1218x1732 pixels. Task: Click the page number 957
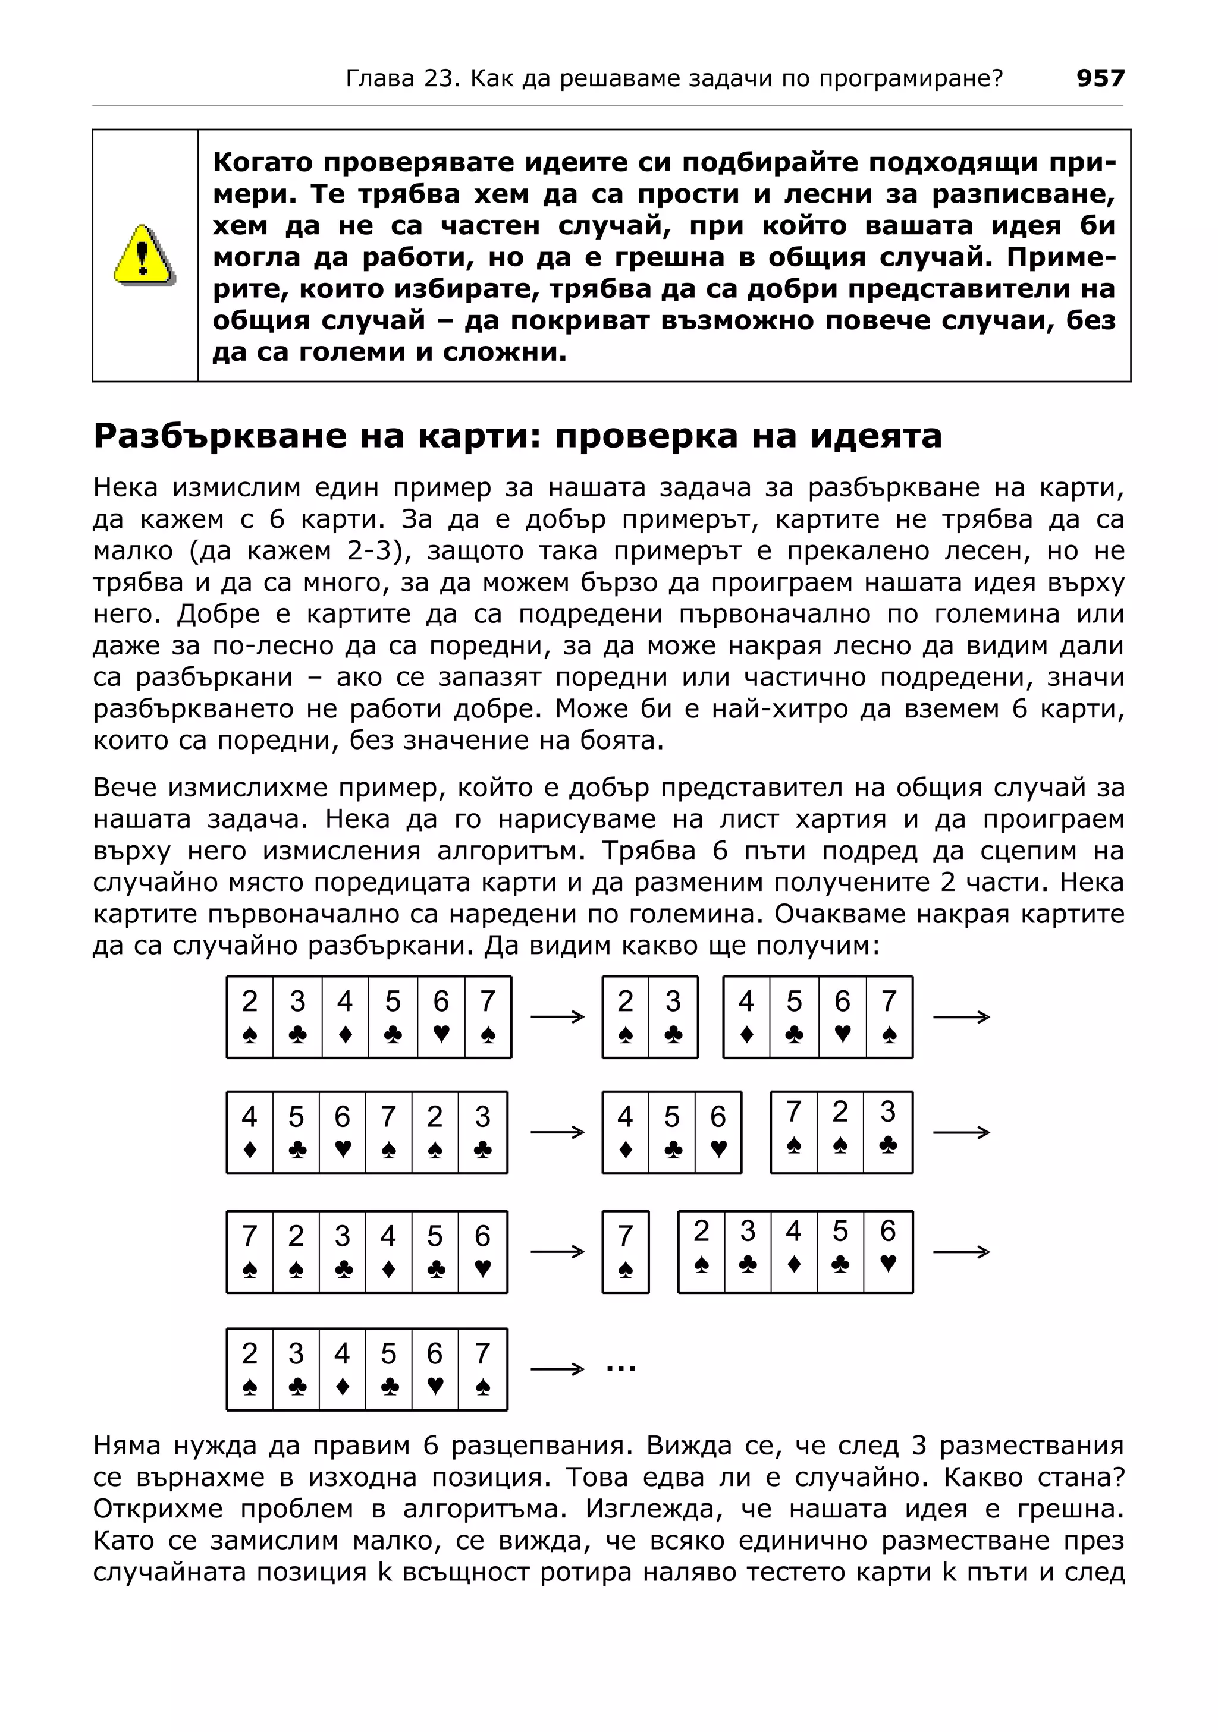point(1100,78)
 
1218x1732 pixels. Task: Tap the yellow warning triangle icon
point(143,255)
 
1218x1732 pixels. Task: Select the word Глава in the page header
point(379,78)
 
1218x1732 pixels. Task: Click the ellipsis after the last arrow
point(620,1365)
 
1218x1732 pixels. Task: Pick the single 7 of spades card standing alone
point(626,1252)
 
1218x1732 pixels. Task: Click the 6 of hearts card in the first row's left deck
point(441,1016)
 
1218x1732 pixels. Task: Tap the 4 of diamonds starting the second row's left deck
point(250,1132)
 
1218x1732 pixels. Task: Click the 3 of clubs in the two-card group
point(673,1016)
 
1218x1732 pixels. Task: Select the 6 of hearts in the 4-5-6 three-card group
point(718,1132)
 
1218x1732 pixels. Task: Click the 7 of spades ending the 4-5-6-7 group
point(889,1016)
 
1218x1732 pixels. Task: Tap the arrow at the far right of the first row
point(960,1017)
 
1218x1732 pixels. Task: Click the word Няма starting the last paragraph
point(127,1446)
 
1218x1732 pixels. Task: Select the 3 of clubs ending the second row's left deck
point(482,1132)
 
